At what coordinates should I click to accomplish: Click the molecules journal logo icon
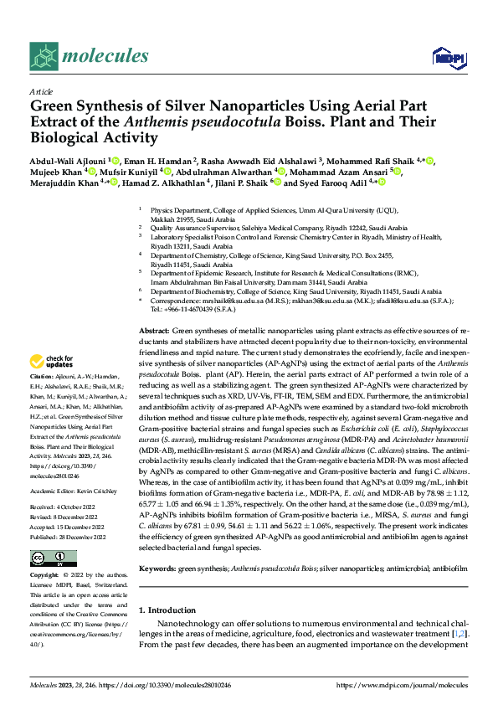coord(44,55)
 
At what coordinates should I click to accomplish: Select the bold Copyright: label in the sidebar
coord(47,576)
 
